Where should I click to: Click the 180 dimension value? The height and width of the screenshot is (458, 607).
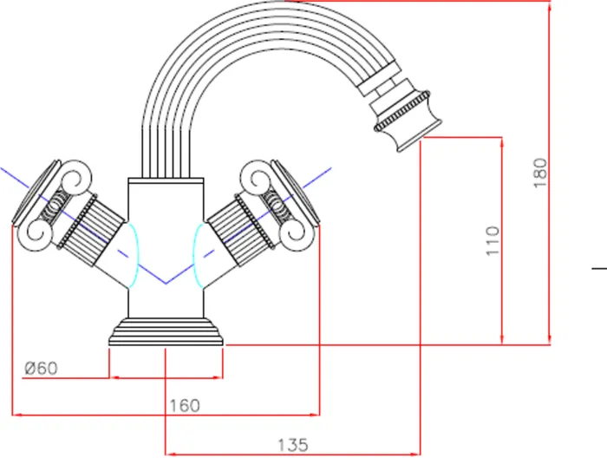[x=541, y=173]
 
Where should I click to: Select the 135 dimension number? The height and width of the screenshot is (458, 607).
[x=292, y=444]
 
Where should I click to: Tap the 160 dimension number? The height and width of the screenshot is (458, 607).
[x=184, y=404]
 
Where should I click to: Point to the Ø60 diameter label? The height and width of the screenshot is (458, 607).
[x=41, y=368]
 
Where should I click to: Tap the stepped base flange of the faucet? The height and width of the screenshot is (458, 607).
[x=166, y=333]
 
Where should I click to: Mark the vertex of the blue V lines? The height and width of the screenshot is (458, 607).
[x=165, y=284]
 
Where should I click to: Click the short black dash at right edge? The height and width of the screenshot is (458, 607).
[x=599, y=269]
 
